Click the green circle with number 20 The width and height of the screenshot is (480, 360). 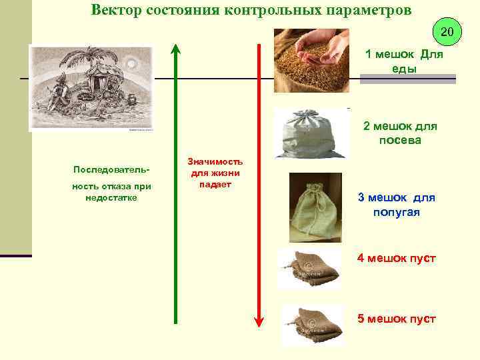pos(447,31)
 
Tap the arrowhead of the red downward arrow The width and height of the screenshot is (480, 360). pos(259,321)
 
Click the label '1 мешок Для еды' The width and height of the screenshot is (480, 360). pos(404,61)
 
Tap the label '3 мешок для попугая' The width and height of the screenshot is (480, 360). pos(396,205)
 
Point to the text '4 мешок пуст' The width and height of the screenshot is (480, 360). pos(396,258)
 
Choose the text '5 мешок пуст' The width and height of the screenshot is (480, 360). pos(396,318)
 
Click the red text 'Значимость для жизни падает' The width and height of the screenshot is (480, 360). pos(215,173)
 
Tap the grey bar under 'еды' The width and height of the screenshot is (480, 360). pos(407,79)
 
